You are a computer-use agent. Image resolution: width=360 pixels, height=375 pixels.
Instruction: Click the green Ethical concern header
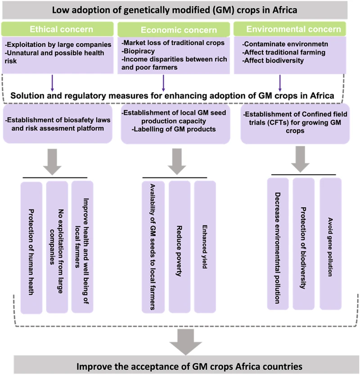[58, 30]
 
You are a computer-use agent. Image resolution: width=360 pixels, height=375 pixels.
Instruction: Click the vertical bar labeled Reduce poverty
[179, 247]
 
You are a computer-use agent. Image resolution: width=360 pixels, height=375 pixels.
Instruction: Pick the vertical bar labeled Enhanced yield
[205, 247]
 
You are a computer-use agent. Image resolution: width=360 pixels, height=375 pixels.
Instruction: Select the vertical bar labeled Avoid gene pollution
[331, 243]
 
